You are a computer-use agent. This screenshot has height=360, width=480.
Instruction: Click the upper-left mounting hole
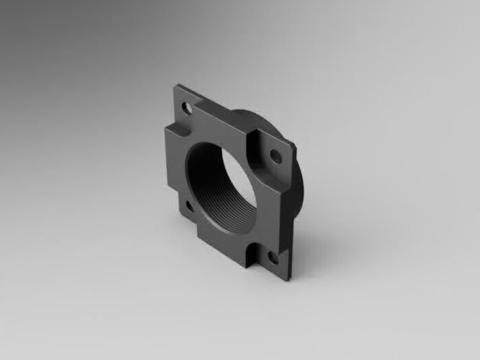point(185,107)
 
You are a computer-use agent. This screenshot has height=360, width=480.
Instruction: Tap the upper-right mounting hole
point(276,156)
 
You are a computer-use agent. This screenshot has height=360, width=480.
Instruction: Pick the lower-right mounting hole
point(272,257)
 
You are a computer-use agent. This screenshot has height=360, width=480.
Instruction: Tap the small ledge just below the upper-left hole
point(175,127)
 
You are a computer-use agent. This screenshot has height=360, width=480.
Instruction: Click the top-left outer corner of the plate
point(176,85)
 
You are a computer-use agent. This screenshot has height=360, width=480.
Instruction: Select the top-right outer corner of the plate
point(294,145)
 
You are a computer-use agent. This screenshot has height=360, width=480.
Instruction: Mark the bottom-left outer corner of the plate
point(179,213)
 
